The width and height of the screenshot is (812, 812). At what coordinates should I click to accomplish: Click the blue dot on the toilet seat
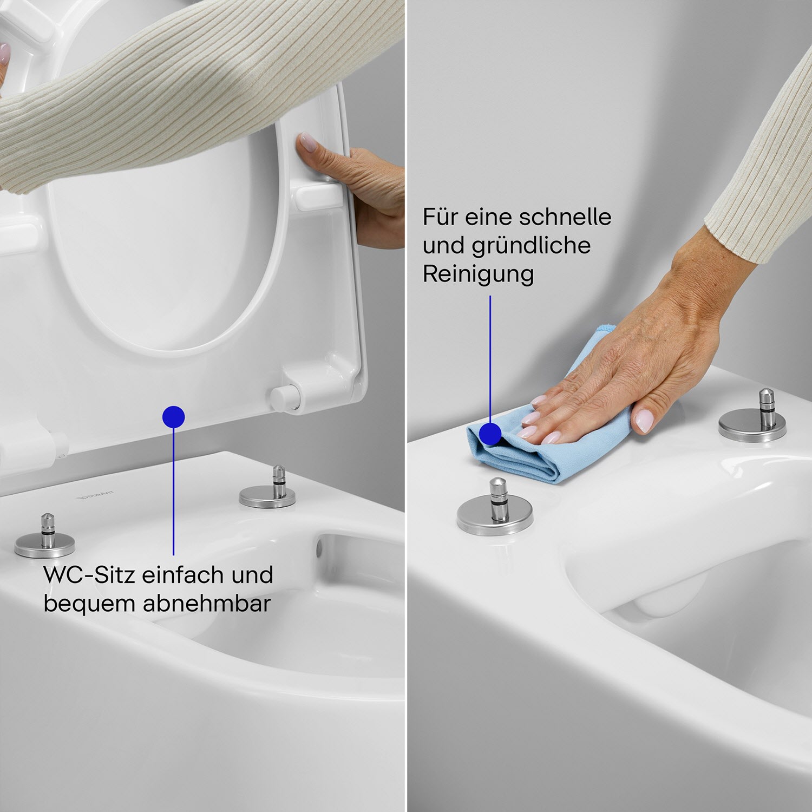click(173, 417)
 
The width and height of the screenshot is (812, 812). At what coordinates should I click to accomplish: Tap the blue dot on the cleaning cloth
click(490, 434)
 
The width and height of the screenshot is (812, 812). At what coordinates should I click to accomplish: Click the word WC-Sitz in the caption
click(89, 575)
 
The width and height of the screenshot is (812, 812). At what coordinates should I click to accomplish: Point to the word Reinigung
click(478, 274)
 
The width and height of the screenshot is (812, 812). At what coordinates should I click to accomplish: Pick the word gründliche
click(531, 246)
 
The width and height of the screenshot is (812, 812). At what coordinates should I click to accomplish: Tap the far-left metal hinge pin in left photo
click(45, 536)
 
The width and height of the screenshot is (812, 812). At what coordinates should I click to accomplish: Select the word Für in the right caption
click(440, 217)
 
